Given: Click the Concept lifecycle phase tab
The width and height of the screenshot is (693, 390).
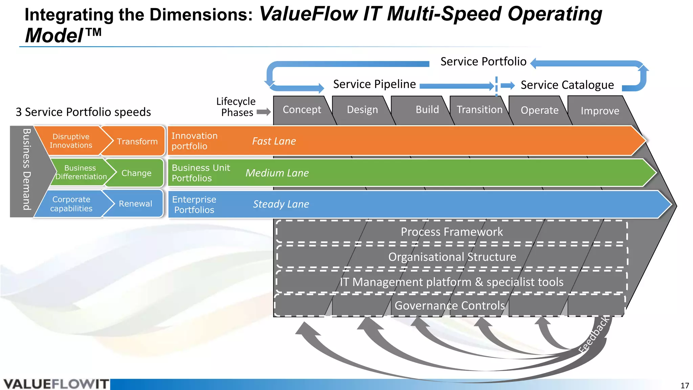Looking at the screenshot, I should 302,110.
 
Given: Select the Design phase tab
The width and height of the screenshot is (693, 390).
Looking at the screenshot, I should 362,110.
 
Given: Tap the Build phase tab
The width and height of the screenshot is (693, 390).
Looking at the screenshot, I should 427,110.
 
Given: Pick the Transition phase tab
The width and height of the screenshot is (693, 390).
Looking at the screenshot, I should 479,110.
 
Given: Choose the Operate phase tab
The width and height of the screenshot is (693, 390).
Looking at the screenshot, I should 539,110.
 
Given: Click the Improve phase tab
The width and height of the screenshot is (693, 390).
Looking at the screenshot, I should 600,111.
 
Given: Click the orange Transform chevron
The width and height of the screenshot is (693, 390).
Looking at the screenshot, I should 137,141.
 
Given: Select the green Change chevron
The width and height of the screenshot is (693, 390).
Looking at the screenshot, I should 136,173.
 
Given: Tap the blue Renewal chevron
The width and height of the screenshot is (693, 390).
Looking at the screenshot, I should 135,203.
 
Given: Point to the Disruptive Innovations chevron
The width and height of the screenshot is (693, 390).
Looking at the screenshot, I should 71,141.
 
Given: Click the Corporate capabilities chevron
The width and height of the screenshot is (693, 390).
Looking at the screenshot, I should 71,204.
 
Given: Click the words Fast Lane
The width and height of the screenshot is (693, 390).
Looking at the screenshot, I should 274,141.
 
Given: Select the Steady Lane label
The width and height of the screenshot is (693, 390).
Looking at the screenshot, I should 281,204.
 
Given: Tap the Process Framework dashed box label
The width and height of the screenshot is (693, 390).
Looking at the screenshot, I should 451,232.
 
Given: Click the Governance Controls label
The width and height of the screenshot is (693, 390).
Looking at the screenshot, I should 449,305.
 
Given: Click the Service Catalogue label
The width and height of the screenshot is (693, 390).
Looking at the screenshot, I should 567,85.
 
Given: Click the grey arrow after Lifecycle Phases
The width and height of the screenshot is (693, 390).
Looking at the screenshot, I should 264,112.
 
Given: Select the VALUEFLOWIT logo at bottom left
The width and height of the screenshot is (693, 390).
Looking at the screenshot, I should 56,384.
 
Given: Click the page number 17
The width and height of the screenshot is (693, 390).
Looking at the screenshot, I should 685,385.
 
